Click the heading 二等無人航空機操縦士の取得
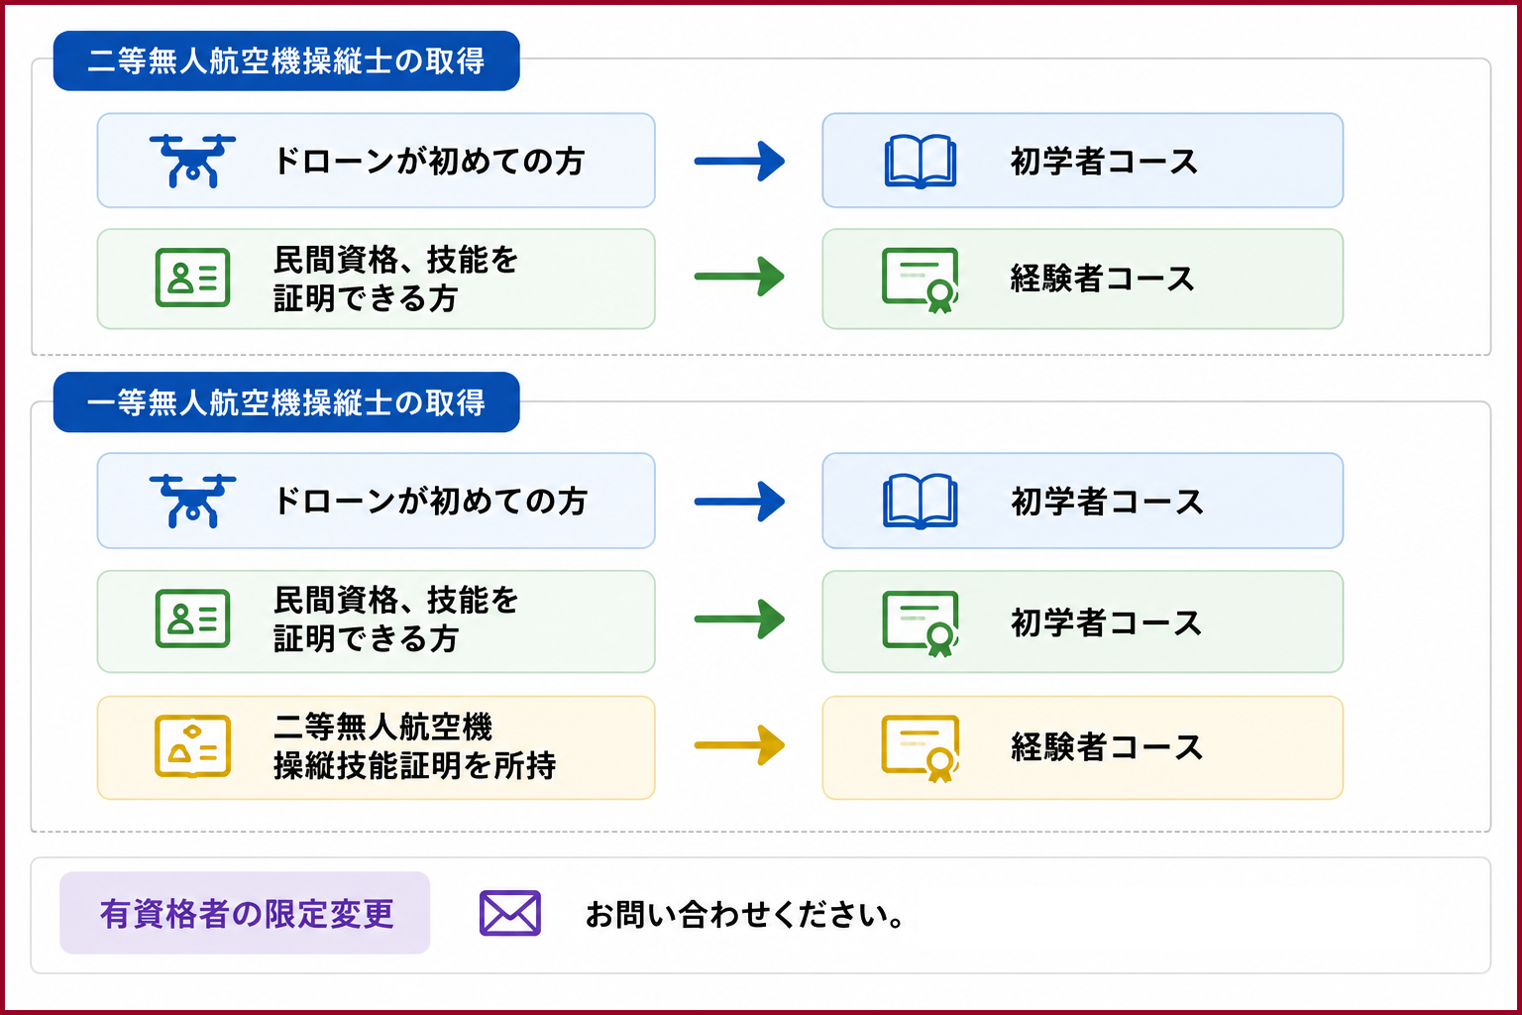point(286,61)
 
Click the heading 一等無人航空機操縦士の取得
point(286,402)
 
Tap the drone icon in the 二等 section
point(192,161)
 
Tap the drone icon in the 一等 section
point(192,501)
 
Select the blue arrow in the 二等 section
point(739,162)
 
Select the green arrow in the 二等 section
point(739,276)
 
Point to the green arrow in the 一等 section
point(739,619)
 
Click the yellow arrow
point(739,745)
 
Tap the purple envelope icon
point(509,913)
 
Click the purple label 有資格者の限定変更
point(246,913)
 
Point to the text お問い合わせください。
point(745,914)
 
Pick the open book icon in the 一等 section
point(920,501)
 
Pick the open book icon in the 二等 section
point(920,162)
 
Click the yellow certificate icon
point(920,748)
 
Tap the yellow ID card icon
point(192,745)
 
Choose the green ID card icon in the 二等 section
point(192,278)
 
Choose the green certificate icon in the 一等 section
point(920,623)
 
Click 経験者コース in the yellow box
point(1107,747)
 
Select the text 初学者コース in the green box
point(1107,622)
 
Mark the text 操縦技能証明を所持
point(414,765)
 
